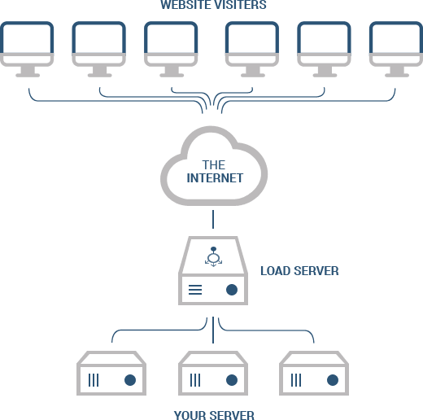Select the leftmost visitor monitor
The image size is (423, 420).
pos(27,50)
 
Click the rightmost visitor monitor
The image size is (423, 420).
pos(396,50)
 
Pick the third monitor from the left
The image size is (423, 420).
pos(171,50)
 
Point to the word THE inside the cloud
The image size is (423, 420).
pos(214,165)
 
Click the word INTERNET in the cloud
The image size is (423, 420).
pos(215,178)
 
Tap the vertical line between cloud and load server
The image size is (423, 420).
pos(213,219)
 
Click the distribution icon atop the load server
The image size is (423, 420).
pos(213,256)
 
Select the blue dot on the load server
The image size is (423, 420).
pos(232,290)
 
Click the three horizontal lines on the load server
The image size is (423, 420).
pos(195,290)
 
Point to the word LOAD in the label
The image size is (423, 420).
pos(275,271)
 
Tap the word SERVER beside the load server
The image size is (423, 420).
pos(316,271)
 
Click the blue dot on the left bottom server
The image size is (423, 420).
pos(130,380)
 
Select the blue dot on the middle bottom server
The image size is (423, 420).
pos(232,380)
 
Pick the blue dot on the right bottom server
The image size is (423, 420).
pos(333,380)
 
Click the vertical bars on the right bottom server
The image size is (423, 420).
pos(296,380)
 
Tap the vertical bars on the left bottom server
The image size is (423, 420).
pos(94,380)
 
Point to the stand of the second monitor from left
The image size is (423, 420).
pos(99,72)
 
